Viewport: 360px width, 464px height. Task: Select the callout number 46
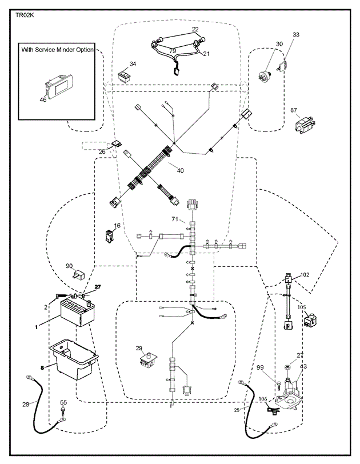tap(43, 100)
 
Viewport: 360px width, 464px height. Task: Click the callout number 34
tap(133, 64)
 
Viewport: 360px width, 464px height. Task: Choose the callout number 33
tap(296, 35)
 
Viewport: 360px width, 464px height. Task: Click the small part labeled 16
tap(110, 235)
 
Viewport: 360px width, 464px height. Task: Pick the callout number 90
tap(69, 266)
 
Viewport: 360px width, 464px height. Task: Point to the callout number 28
tap(25, 404)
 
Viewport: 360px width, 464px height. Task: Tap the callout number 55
tap(63, 403)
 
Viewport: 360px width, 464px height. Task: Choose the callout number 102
tap(305, 274)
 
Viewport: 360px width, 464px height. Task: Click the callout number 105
tap(301, 307)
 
